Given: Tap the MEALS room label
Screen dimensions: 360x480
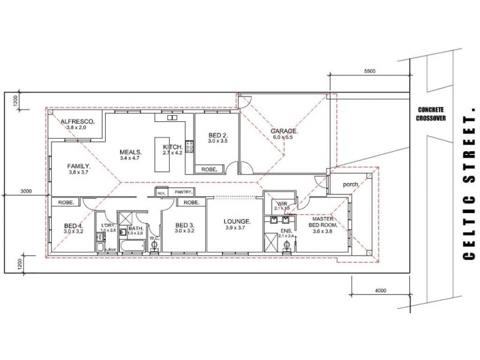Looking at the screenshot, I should (x=130, y=152).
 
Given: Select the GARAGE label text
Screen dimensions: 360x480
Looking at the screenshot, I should (x=284, y=131).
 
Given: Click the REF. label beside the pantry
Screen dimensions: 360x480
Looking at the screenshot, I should (x=160, y=193).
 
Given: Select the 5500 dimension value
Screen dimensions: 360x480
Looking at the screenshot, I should (x=370, y=71).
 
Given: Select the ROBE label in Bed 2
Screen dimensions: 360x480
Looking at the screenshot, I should (x=209, y=170).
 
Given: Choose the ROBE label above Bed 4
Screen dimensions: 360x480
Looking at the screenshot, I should (x=66, y=203).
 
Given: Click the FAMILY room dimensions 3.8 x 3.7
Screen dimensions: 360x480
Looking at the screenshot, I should (x=78, y=172).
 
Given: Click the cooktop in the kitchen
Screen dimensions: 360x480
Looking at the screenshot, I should (x=190, y=146).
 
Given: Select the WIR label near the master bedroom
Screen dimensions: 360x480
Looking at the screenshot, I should (x=282, y=204).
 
